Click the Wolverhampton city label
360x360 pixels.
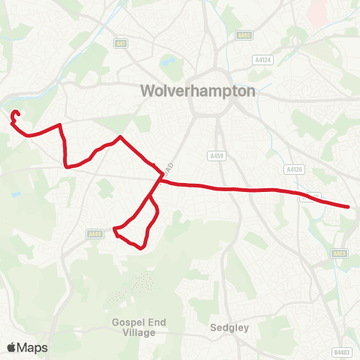(x=198, y=91)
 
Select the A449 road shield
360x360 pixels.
(x=94, y=234)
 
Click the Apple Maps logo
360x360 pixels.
(x=27, y=347)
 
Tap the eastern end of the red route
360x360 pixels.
(x=349, y=206)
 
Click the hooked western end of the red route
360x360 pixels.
(x=15, y=114)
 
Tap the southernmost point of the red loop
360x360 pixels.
(x=141, y=247)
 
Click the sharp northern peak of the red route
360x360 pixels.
(x=121, y=137)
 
